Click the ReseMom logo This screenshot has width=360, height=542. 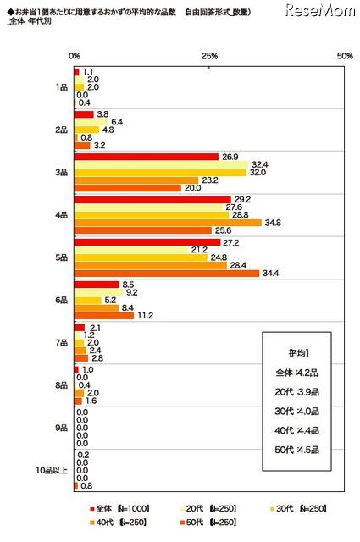(318, 11)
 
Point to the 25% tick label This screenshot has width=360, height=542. (210, 55)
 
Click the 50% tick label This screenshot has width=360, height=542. (344, 55)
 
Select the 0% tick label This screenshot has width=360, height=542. (75, 55)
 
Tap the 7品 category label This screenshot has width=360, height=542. (61, 342)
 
